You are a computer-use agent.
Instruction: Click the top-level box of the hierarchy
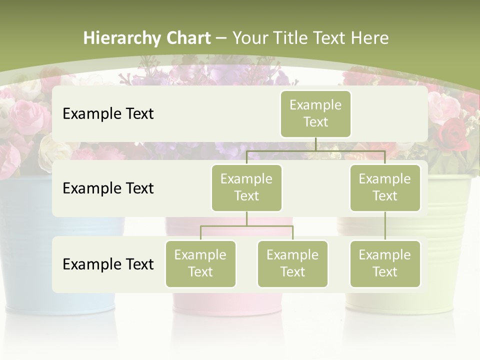(315, 114)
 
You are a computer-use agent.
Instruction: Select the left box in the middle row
(246, 187)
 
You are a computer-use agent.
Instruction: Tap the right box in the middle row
(385, 187)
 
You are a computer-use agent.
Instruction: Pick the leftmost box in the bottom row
(200, 263)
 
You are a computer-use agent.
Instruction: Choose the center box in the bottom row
(292, 263)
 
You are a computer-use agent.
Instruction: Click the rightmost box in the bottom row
(385, 263)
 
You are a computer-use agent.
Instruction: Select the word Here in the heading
(369, 38)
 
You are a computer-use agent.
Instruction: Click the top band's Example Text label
(108, 114)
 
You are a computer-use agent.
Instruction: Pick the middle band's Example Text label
(108, 188)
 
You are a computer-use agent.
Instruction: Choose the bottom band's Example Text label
(108, 264)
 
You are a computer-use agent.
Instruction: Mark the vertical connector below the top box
(315, 144)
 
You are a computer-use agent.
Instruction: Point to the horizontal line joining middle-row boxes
(315, 150)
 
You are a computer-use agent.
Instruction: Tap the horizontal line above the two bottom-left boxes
(246, 226)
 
